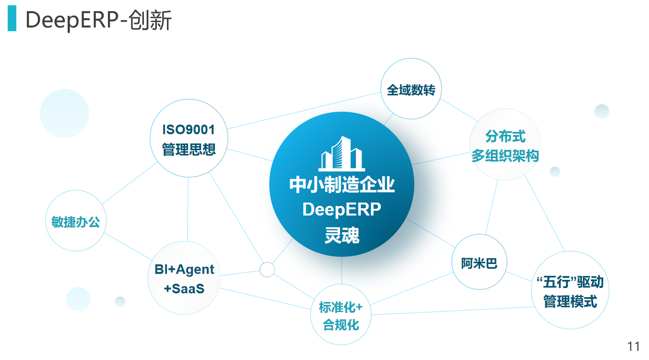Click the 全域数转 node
(411, 89)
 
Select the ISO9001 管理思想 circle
(189, 138)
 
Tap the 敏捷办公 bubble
(75, 221)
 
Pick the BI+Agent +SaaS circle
(184, 278)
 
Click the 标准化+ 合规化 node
(341, 315)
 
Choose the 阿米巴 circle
(479, 263)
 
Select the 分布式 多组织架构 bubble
(505, 145)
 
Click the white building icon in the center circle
(342, 154)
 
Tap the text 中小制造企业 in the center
(342, 185)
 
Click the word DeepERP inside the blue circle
(342, 209)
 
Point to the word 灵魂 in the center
(342, 235)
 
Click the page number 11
(633, 347)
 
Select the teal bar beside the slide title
(12, 19)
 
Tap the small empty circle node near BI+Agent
(267, 269)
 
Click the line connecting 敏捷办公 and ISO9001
(130, 183)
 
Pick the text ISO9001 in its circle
(189, 130)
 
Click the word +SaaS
(184, 288)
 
